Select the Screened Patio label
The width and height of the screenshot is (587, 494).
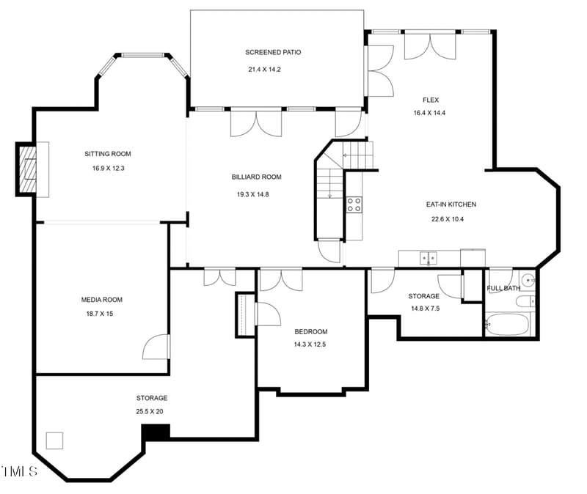pos(273,52)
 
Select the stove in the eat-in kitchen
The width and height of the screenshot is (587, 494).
pos(354,204)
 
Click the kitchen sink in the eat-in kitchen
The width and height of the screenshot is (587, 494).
pos(428,258)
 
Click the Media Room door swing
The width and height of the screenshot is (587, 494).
pos(156,346)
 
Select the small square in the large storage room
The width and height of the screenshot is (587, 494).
pos(54,440)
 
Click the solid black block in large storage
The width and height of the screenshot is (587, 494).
pos(155,432)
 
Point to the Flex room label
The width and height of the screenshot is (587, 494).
pos(430,100)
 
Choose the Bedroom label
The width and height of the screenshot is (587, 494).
pos(310,331)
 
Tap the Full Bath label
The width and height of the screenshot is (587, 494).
pos(503,288)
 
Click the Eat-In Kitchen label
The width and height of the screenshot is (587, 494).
pos(451,204)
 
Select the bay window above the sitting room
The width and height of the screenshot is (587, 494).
pos(142,56)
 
